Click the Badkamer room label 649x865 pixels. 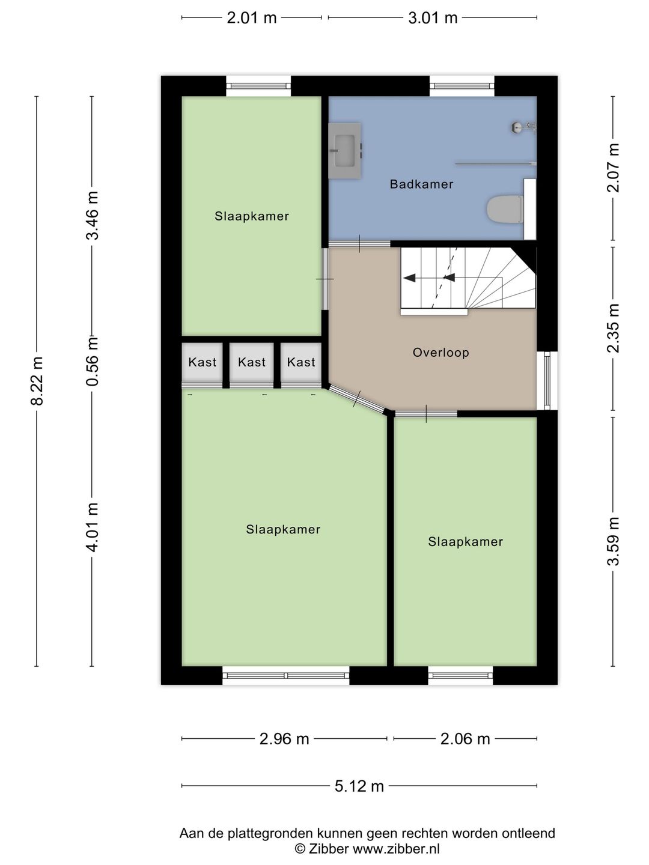tap(421, 184)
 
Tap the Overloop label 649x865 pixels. tap(441, 352)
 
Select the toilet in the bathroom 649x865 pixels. tap(505, 209)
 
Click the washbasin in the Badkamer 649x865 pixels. tap(345, 151)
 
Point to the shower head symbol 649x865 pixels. tap(523, 127)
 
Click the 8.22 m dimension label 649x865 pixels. tap(37, 381)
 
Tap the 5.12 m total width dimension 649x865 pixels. tap(359, 786)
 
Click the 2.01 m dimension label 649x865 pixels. tap(251, 18)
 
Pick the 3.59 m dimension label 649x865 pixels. tap(614, 541)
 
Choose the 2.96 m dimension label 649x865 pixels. tap(284, 739)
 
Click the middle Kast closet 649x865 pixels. tap(251, 362)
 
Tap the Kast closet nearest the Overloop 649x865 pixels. tap(301, 362)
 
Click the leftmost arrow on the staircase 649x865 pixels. tap(410, 278)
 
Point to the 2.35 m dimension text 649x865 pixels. tap(614, 328)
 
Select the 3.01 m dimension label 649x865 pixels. tap(433, 18)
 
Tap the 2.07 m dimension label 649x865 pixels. tap(614, 168)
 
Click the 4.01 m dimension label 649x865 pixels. tap(93, 527)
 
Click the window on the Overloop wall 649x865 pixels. tap(547, 381)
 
